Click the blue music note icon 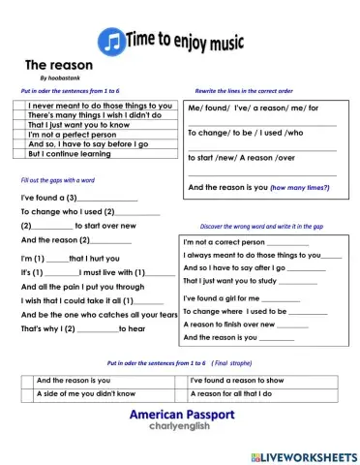click(110, 40)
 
